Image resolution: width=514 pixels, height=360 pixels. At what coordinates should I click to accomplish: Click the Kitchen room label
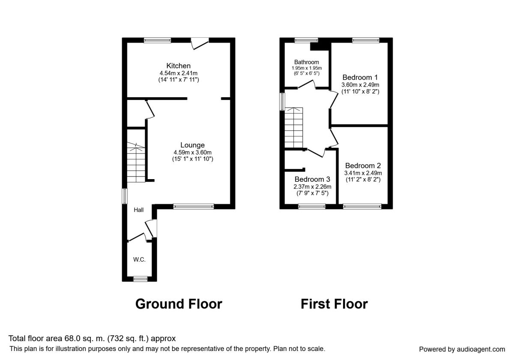coord(178,66)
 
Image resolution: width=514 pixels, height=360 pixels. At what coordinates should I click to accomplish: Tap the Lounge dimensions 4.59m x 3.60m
coord(192,153)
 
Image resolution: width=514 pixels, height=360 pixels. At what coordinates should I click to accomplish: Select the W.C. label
coord(139,260)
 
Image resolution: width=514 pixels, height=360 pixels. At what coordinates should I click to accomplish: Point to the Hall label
coord(139,210)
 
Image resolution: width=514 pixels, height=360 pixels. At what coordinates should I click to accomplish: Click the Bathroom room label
coord(307,62)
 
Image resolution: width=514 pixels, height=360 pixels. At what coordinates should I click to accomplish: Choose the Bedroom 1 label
coord(360,78)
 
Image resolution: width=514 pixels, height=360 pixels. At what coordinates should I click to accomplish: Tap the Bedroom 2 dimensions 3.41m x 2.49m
coord(363,173)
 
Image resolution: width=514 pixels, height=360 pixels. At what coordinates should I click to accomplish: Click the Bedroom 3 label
coord(312,179)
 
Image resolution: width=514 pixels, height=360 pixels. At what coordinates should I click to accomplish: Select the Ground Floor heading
coord(179,304)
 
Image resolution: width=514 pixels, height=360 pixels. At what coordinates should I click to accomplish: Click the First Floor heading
coord(335,304)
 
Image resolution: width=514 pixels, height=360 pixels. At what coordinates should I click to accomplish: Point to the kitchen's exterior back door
coord(200,43)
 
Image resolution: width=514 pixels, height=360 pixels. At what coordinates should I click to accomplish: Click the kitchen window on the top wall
coord(158,40)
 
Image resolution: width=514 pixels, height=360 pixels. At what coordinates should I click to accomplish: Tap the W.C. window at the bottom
coord(140,279)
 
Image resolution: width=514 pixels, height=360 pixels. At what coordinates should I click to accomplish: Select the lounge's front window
coord(194,207)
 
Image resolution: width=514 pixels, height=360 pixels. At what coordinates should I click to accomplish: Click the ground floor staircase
coord(136,162)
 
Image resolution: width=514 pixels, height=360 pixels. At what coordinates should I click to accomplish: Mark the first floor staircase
coord(294,128)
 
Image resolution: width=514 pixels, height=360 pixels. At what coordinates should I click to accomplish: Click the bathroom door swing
coord(307,84)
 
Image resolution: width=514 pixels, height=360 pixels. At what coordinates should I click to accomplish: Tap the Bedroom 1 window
coord(366,40)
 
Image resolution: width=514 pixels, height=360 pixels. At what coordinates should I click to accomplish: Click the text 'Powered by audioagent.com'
coord(462,349)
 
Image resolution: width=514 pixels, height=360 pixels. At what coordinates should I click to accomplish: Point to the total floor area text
coord(92,339)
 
